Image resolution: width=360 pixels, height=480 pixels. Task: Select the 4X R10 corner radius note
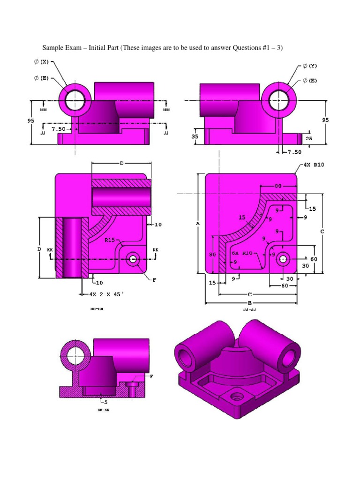(x=312, y=165)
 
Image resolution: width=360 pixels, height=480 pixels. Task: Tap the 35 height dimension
(x=195, y=137)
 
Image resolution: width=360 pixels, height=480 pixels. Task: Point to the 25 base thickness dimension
(x=309, y=139)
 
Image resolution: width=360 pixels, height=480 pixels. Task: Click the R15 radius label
(x=110, y=240)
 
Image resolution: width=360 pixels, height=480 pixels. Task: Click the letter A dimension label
(x=198, y=224)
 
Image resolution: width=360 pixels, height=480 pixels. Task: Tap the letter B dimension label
(x=250, y=303)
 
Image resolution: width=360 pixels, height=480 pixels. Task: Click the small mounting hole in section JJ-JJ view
(x=283, y=258)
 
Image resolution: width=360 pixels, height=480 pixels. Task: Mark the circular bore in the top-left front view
(x=75, y=100)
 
